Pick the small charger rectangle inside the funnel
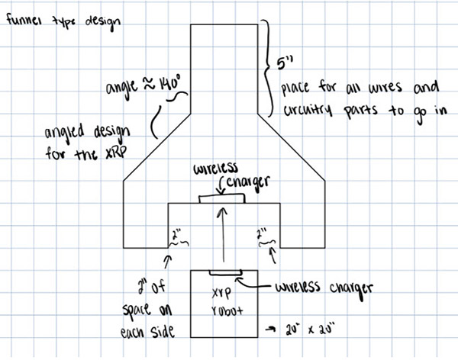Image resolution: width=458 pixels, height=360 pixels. [x=222, y=199]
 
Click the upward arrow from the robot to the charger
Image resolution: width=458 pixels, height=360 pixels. [x=223, y=236]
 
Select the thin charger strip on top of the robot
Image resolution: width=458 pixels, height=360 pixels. [x=224, y=272]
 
